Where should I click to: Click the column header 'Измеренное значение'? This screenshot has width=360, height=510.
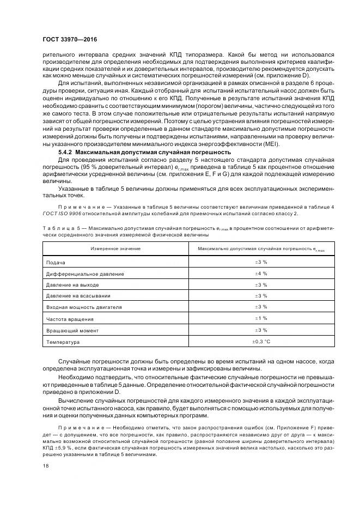[x=115, y=248]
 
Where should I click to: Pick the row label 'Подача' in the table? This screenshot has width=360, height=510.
[x=56, y=262]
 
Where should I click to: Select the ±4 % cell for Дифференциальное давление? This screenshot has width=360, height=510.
[x=261, y=273]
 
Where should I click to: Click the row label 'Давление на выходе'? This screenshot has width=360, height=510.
[x=72, y=284]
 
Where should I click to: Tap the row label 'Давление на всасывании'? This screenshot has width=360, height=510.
[x=78, y=296]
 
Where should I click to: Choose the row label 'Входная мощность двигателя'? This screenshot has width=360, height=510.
[x=84, y=307]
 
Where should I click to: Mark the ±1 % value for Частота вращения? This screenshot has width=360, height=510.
[x=261, y=318]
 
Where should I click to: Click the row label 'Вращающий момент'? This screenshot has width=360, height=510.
[x=72, y=330]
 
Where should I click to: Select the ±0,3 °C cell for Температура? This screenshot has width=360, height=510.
[x=261, y=341]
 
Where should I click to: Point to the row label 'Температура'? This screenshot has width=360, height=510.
[x=63, y=342]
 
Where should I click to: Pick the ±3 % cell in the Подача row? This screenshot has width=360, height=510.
[x=261, y=262]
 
